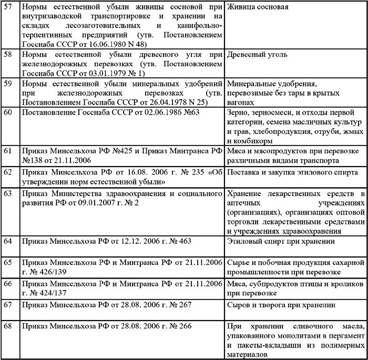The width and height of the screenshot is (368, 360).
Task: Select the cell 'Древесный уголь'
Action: tap(255, 54)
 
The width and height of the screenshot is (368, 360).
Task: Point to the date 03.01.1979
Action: tap(112, 73)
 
